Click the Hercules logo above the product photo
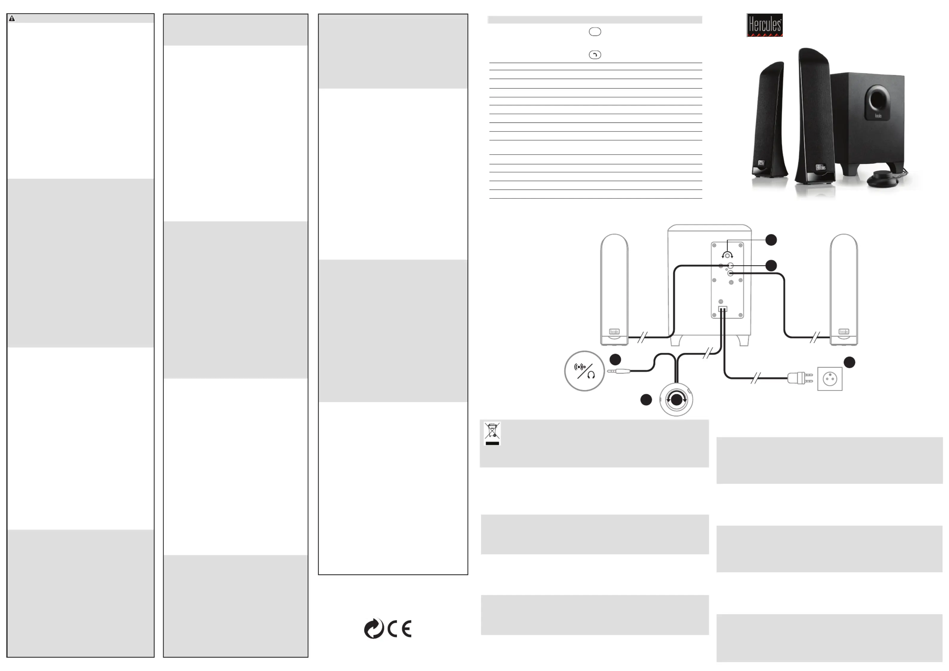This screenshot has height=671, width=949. click(764, 25)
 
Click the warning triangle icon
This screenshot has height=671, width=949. click(12, 19)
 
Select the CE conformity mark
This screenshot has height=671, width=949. click(399, 629)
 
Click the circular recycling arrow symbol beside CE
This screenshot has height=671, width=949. click(374, 629)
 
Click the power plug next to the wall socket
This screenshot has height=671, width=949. click(800, 378)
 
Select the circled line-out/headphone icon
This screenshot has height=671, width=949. click(584, 371)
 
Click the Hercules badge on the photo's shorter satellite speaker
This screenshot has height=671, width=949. click(761, 163)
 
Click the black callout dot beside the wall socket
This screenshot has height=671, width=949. click(849, 362)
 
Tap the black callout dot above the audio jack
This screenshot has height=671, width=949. click(615, 359)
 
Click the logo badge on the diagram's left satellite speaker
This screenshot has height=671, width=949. click(614, 331)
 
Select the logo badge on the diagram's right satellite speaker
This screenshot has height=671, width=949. click(843, 331)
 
